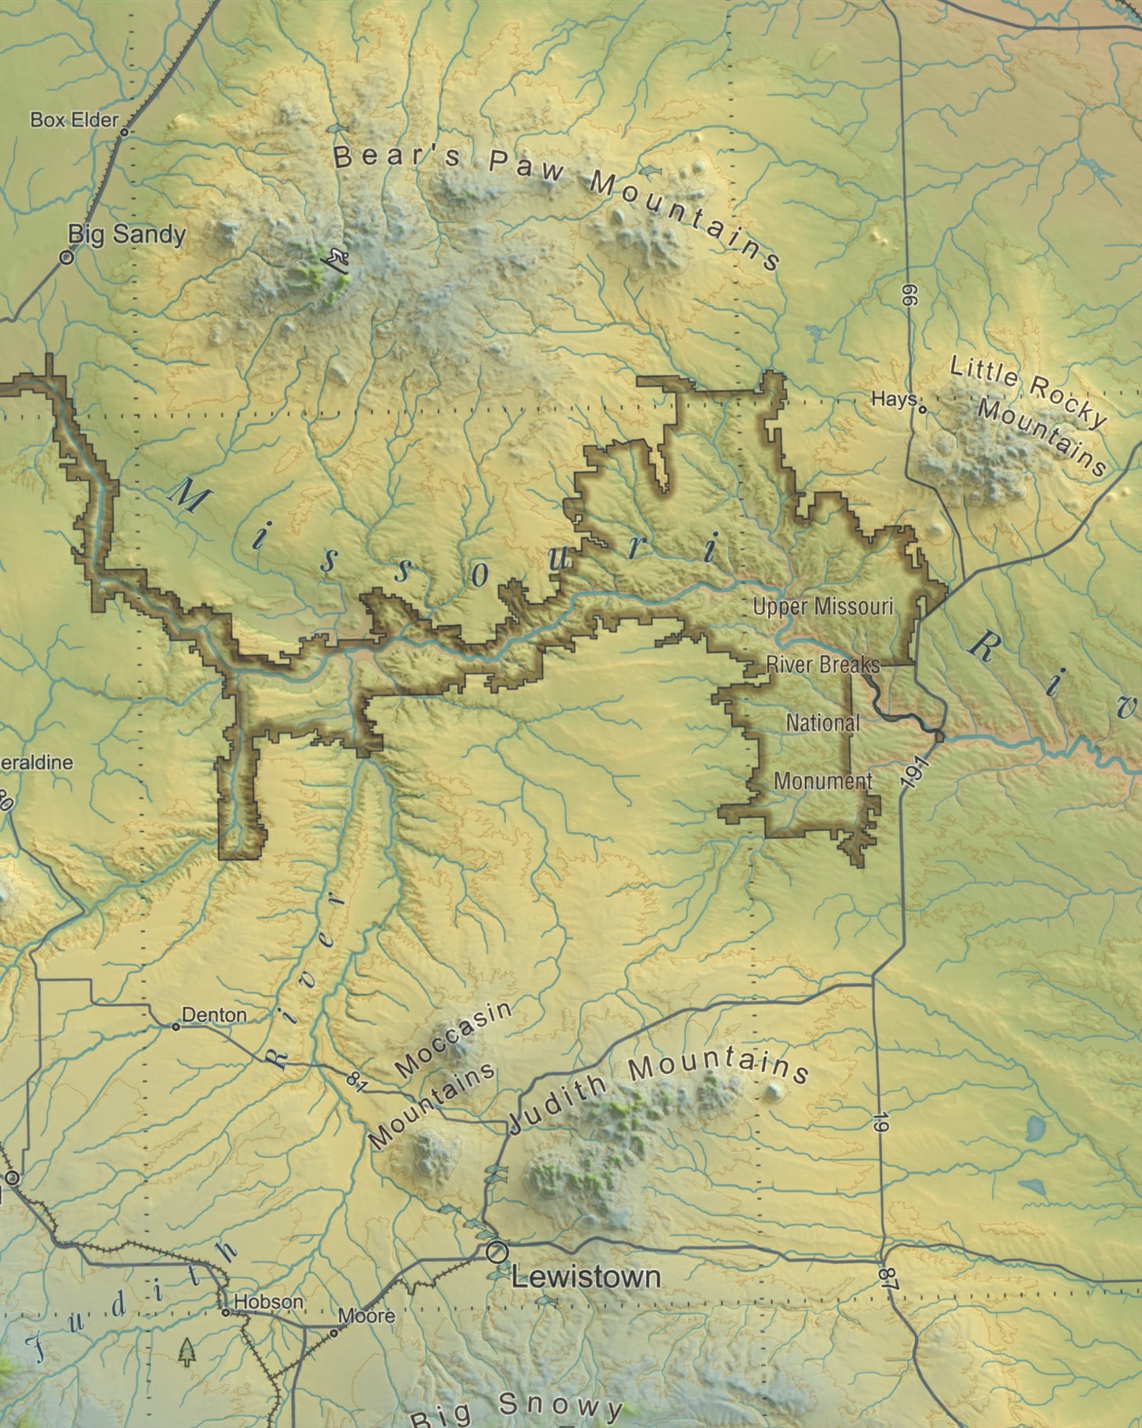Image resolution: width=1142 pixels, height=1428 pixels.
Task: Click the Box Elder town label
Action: pyautogui.click(x=74, y=120)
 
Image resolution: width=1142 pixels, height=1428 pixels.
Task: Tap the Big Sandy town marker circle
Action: pyautogui.click(x=67, y=256)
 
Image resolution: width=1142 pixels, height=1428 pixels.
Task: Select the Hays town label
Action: pyautogui.click(x=893, y=399)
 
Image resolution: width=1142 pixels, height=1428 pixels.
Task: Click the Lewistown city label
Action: pyautogui.click(x=586, y=1276)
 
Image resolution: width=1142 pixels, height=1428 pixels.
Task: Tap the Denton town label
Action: pyautogui.click(x=214, y=1015)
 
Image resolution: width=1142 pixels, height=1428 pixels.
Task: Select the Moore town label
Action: pyautogui.click(x=367, y=1316)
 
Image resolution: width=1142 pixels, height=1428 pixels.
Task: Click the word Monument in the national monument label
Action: pyautogui.click(x=823, y=781)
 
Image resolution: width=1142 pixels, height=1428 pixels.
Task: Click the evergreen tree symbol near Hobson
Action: pyautogui.click(x=187, y=1351)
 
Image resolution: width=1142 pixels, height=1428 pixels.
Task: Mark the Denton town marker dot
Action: pyautogui.click(x=175, y=1027)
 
